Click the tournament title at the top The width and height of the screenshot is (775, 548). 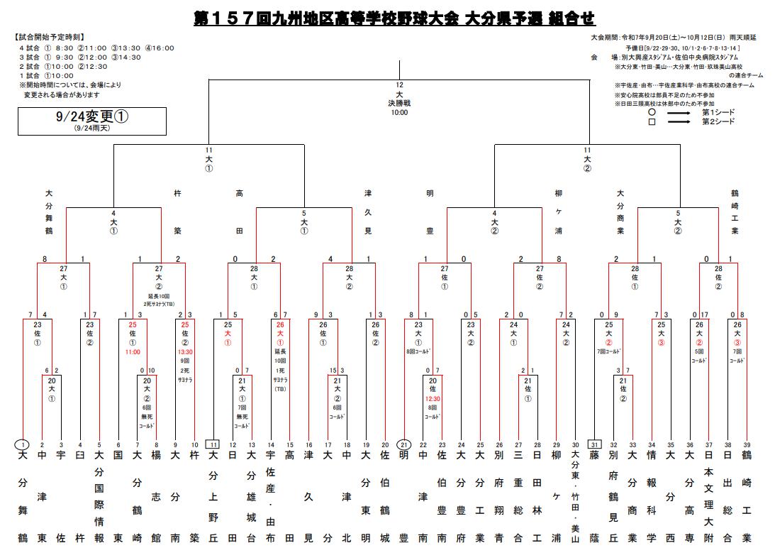tap(394, 18)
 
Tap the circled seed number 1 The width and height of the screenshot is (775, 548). tap(23, 445)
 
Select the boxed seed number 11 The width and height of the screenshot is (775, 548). tap(213, 445)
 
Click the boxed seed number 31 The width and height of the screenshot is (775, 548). tap(594, 445)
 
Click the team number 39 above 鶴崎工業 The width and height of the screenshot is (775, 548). tap(746, 445)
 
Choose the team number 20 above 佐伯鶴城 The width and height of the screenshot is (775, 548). tap(385, 445)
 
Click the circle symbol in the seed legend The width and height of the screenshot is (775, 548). tap(652, 112)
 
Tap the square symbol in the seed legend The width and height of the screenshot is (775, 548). tap(652, 122)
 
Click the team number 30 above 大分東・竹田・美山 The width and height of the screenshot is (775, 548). tap(575, 445)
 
